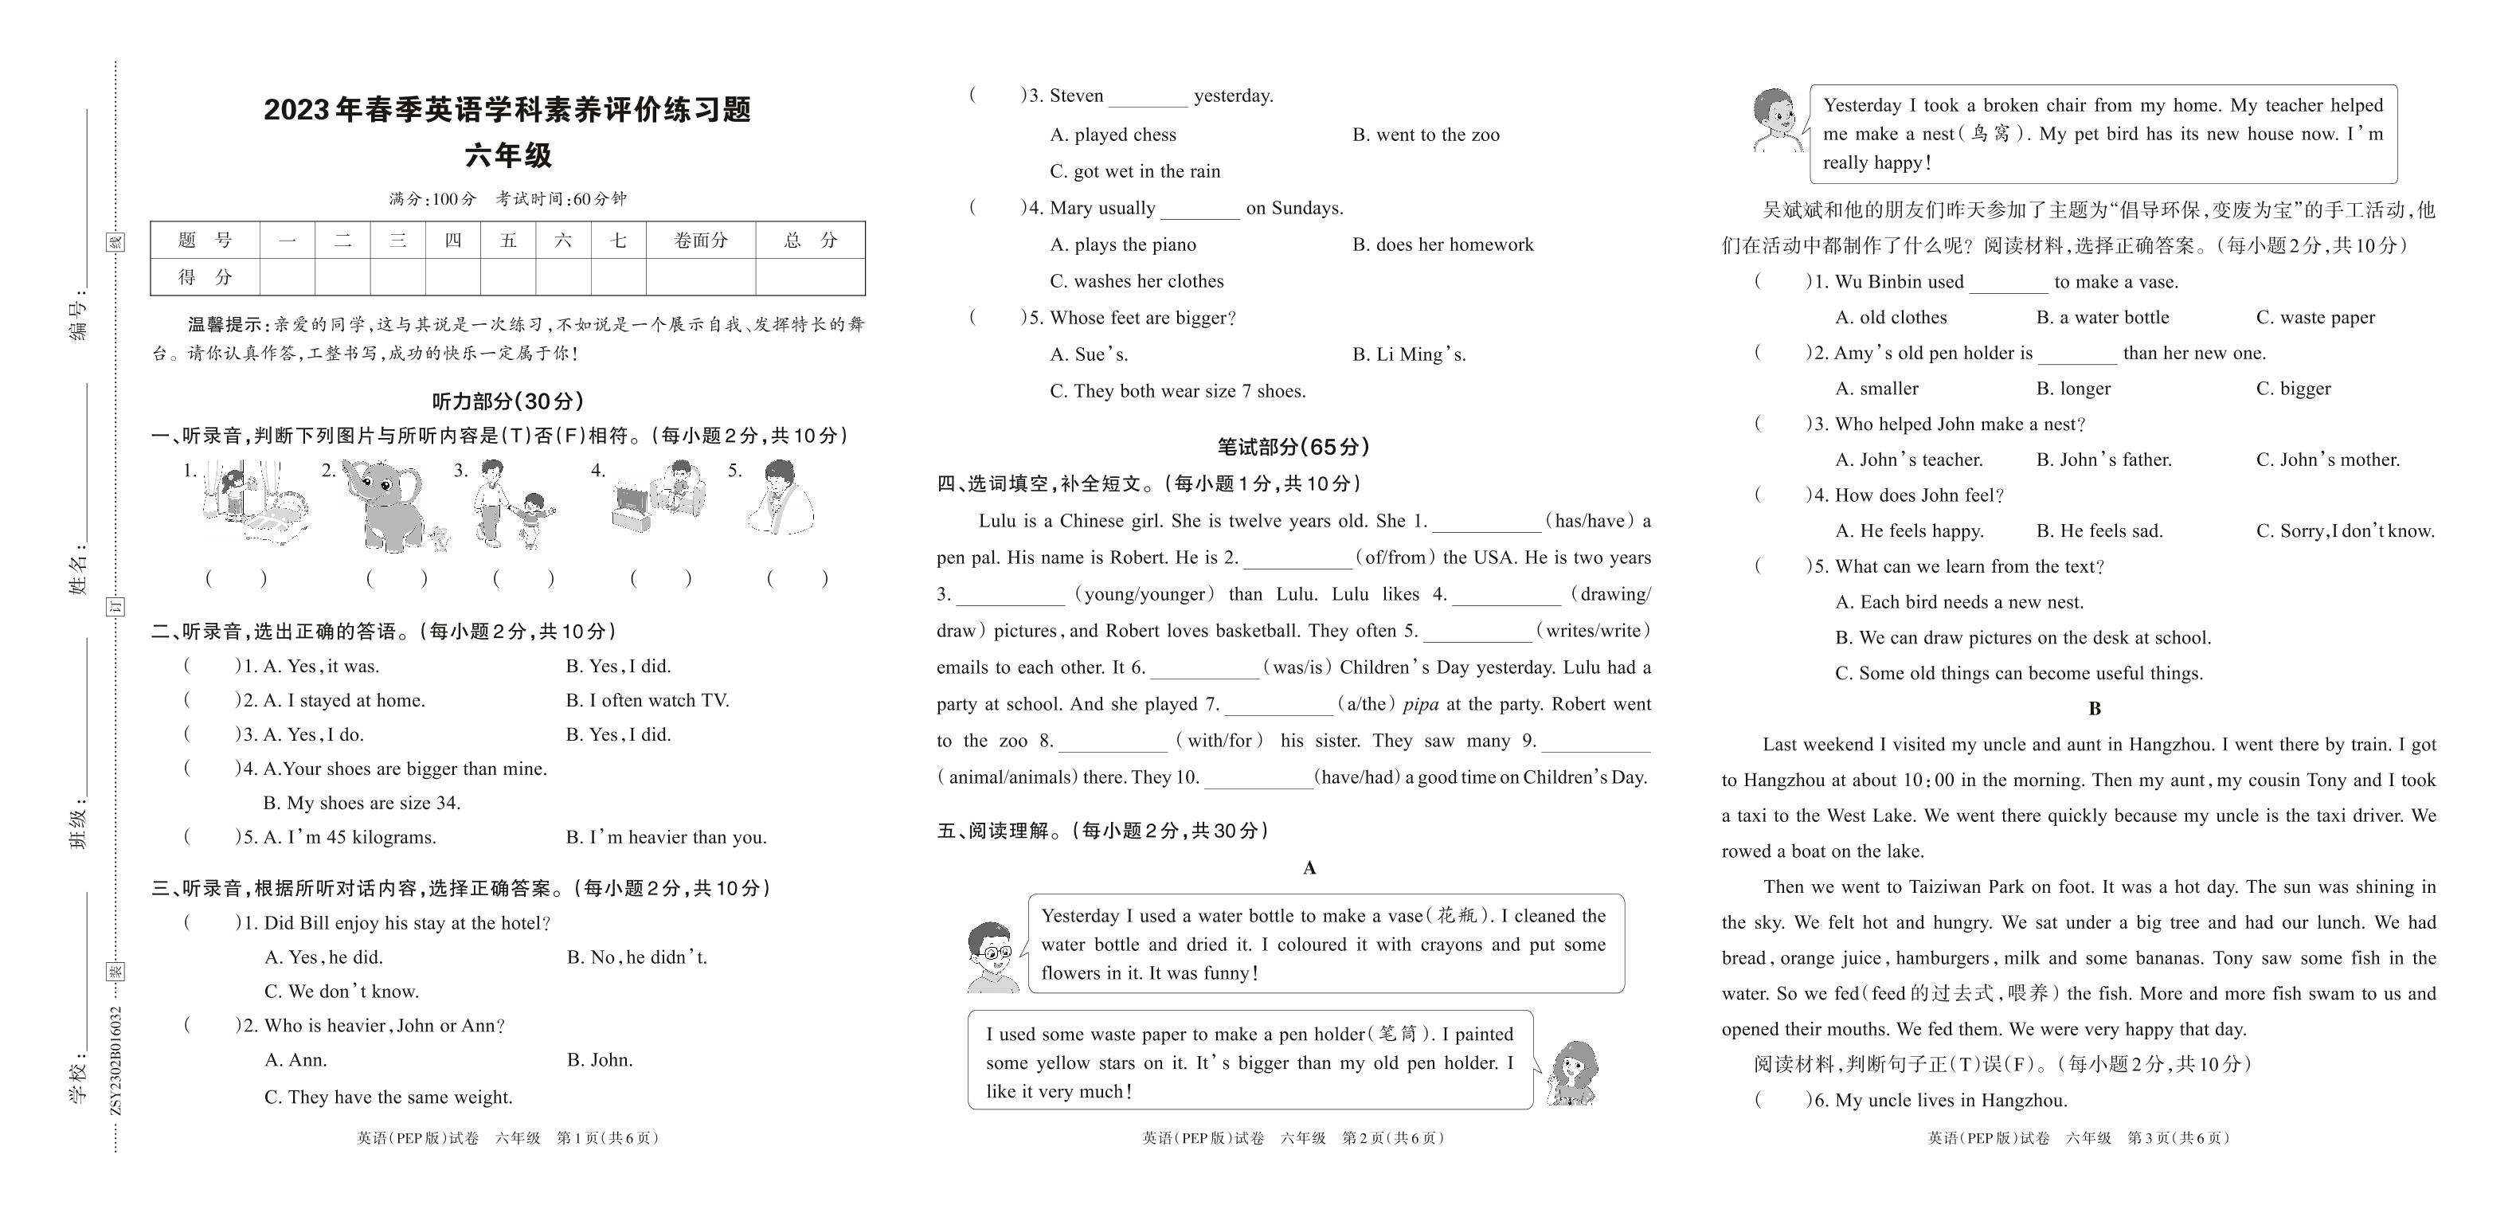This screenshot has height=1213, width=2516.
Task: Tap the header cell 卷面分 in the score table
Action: coord(700,241)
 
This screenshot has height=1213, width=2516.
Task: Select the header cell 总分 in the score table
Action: coord(811,241)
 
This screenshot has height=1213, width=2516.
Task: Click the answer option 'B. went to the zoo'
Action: coord(1425,135)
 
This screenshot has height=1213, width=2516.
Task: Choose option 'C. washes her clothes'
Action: coord(1136,281)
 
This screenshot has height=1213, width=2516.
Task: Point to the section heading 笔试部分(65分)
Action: coord(1293,446)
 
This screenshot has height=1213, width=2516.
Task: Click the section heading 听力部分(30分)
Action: coord(508,401)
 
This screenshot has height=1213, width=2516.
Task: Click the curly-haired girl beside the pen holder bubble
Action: coord(1571,1072)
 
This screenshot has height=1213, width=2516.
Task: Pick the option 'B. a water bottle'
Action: coord(2102,318)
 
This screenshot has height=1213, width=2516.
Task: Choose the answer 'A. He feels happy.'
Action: coord(1908,531)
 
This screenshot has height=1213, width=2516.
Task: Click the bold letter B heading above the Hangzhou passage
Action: coord(2094,709)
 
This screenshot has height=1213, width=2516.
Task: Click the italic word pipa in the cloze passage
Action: coord(1419,704)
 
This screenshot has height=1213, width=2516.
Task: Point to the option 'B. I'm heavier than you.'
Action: coord(666,837)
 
